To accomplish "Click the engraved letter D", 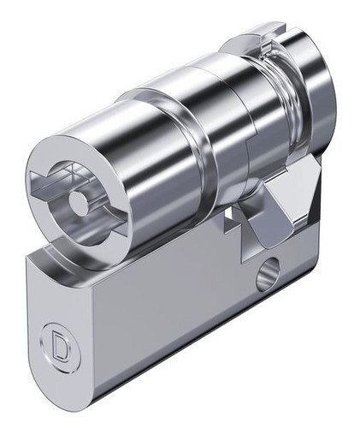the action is (x=61, y=346).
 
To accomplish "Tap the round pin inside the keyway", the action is (x=78, y=203).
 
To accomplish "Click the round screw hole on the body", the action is (x=267, y=272).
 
